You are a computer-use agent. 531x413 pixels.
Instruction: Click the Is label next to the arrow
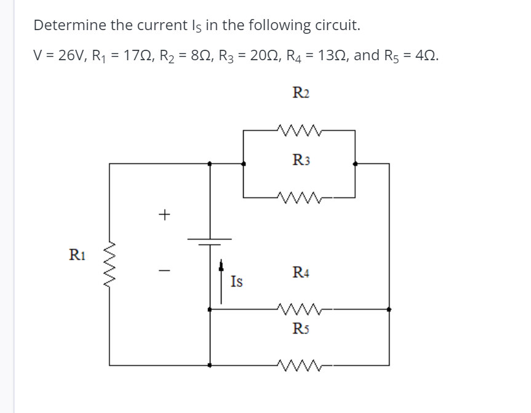(237, 282)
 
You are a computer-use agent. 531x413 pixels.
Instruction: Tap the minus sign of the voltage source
(164, 270)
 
